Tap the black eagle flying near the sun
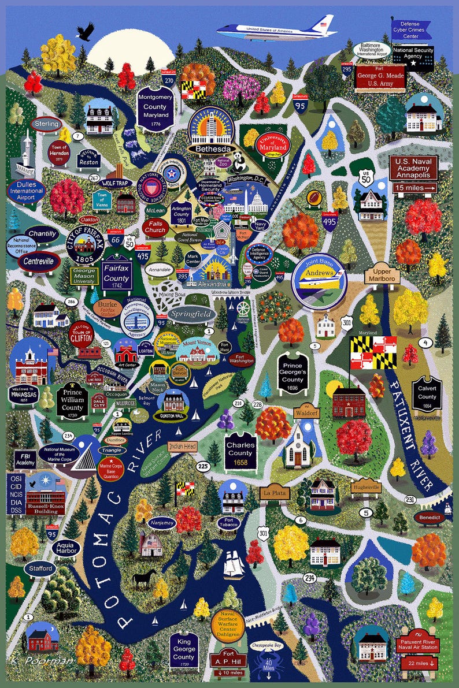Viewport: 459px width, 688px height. [x=84, y=31]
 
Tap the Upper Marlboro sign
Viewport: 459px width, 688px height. [x=382, y=275]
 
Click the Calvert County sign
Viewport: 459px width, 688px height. [x=427, y=396]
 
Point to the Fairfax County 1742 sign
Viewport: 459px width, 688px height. [x=116, y=274]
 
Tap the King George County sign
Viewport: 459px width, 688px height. [x=184, y=652]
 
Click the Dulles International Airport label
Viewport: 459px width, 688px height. [x=27, y=191]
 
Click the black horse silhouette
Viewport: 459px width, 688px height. [x=145, y=577]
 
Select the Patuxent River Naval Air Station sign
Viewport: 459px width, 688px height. [x=419, y=645]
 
